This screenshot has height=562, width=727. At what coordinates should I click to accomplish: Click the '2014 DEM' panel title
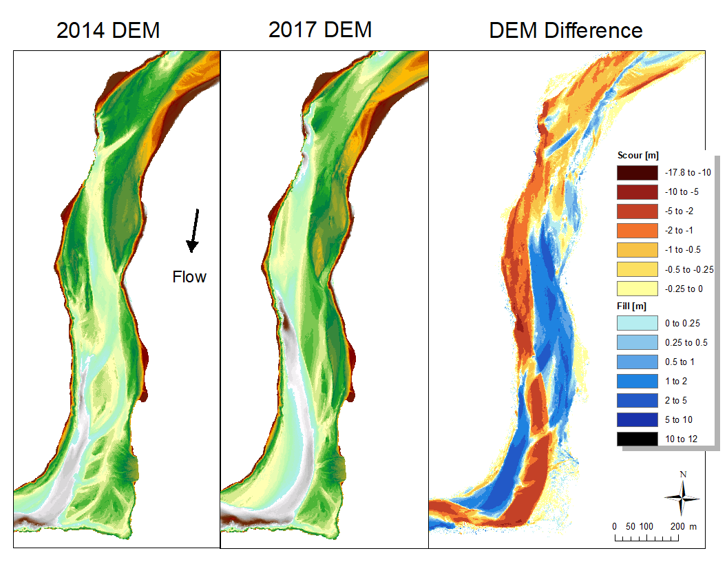click(x=108, y=30)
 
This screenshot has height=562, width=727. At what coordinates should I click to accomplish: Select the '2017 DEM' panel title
click(x=320, y=30)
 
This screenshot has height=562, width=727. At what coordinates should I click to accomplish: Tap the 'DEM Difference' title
click(x=566, y=30)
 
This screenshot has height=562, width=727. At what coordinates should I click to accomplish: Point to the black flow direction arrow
click(x=194, y=229)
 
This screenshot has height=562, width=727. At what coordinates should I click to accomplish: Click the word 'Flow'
click(x=189, y=277)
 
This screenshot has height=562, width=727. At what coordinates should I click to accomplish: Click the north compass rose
click(x=682, y=497)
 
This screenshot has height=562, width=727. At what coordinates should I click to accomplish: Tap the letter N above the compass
click(x=683, y=474)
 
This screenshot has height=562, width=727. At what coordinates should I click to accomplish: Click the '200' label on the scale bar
click(x=677, y=527)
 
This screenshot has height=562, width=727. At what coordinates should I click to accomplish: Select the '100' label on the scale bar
click(x=646, y=527)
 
